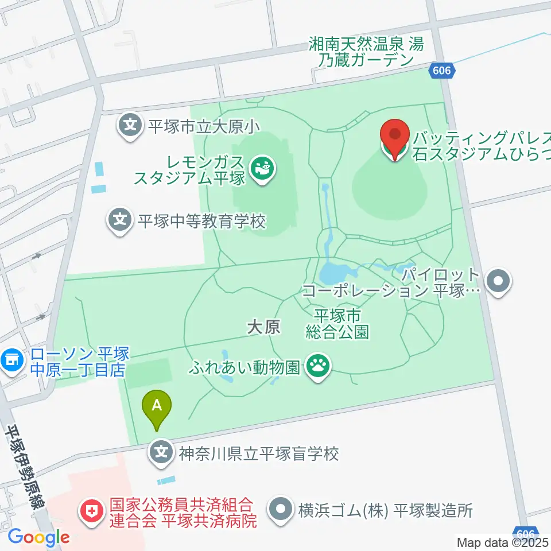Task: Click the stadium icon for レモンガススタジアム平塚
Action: (x=263, y=169)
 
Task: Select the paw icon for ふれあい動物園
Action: (x=316, y=365)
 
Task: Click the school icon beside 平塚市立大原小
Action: (x=132, y=125)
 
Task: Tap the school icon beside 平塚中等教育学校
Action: (x=120, y=220)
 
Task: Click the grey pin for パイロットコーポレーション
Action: (x=497, y=281)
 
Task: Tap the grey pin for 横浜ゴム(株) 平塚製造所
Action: (x=281, y=509)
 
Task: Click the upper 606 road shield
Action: (x=443, y=71)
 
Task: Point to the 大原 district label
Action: (x=263, y=327)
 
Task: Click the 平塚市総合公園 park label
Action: (x=337, y=324)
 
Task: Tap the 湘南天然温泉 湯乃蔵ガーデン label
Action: (x=366, y=52)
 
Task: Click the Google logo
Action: (x=38, y=538)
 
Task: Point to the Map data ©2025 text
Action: (x=503, y=541)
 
